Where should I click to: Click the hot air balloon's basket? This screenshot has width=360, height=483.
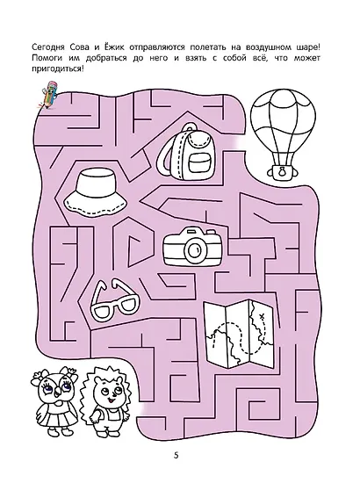(x=282, y=171)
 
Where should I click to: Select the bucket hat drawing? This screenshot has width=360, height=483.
(x=96, y=193)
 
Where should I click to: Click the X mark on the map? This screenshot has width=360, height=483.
(x=262, y=316)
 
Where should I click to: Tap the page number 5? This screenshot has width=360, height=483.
(x=176, y=455)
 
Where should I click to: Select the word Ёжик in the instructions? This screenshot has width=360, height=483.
(x=114, y=47)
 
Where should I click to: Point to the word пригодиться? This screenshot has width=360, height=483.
(x=56, y=68)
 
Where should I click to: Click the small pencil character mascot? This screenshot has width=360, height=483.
(x=48, y=95)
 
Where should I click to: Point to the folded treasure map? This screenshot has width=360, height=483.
(x=238, y=334)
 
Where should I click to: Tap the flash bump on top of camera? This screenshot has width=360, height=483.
(x=192, y=231)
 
